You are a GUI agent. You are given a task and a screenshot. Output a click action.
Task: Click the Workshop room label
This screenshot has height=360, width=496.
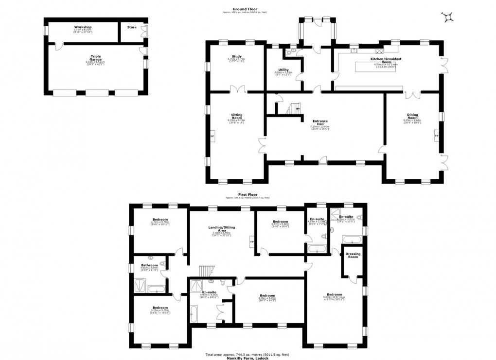(83, 27)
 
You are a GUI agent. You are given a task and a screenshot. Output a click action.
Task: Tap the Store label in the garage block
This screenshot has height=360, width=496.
(132, 27)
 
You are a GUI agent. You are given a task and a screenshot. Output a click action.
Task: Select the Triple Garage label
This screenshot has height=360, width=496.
(95, 56)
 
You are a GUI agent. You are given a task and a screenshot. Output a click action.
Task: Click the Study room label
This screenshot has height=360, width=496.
(237, 57)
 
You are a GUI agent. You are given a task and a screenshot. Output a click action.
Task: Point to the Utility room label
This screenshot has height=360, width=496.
(284, 69)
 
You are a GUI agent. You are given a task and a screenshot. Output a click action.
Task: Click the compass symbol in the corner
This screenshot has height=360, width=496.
(447, 18)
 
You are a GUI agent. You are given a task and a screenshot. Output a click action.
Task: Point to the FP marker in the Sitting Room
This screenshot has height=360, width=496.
(212, 137)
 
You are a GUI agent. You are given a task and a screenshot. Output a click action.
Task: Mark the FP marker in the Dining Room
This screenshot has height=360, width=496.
(436, 137)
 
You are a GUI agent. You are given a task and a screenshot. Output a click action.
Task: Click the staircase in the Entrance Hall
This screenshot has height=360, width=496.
(294, 109)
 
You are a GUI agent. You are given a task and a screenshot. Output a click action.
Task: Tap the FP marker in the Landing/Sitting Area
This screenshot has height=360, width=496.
(251, 241)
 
